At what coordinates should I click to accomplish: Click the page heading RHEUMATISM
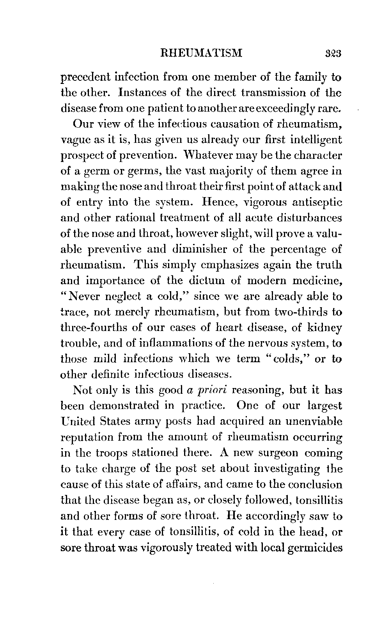click(202, 53)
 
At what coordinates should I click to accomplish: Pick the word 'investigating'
click(282, 468)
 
